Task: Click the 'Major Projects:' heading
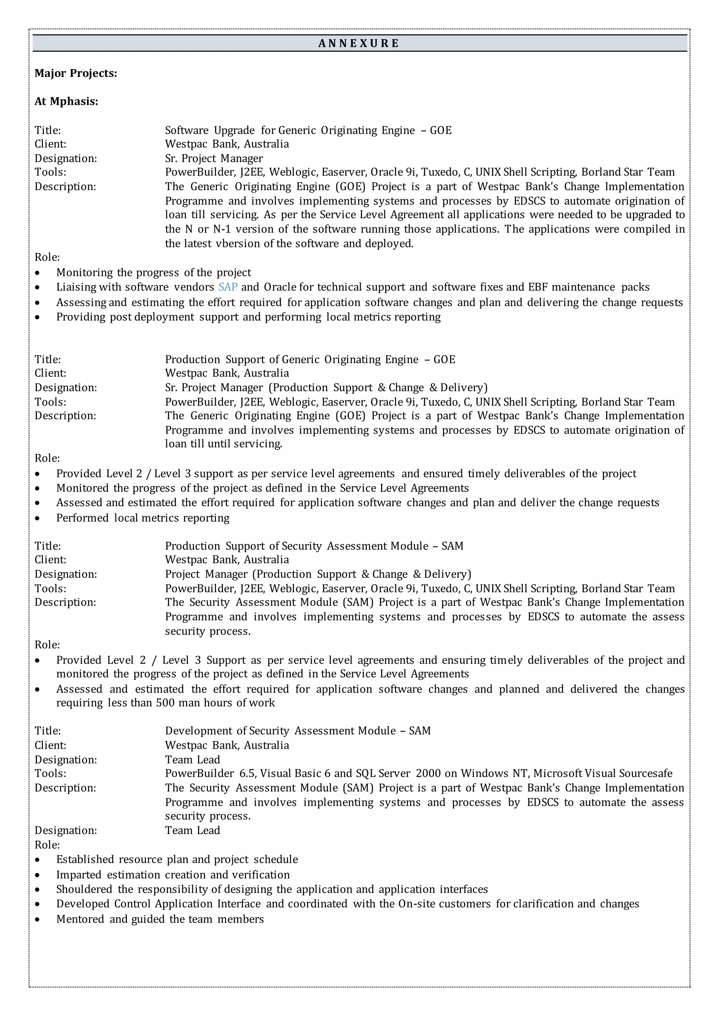pyautogui.click(x=76, y=73)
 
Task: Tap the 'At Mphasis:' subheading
pyautogui.click(x=66, y=102)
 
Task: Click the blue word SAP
pyautogui.click(x=228, y=287)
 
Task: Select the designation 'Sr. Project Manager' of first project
pyautogui.click(x=214, y=159)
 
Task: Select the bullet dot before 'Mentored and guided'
pyautogui.click(x=38, y=920)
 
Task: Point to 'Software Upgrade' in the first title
pyautogui.click(x=210, y=131)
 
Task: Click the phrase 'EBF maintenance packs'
pyautogui.click(x=588, y=287)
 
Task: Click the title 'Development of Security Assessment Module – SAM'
pyautogui.click(x=297, y=731)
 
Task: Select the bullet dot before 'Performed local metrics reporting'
pyautogui.click(x=38, y=519)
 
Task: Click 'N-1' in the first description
pyautogui.click(x=222, y=229)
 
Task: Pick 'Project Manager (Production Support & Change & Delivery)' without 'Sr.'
pyautogui.click(x=318, y=574)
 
